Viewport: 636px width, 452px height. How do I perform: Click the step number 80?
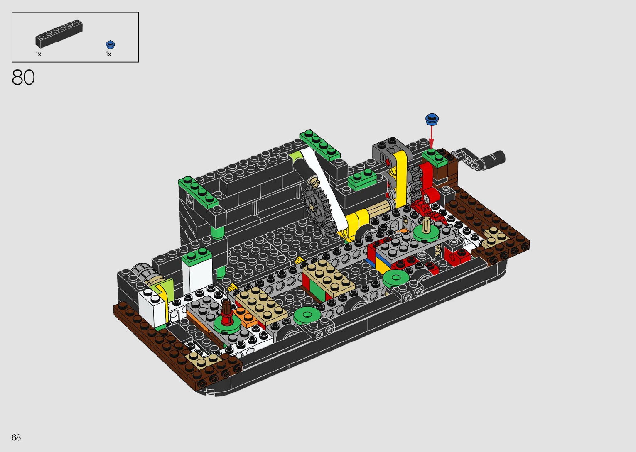(23, 78)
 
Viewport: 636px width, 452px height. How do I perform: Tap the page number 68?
(16, 437)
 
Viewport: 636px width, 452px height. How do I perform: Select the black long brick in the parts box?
(59, 33)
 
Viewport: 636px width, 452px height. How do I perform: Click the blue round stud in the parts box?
(110, 44)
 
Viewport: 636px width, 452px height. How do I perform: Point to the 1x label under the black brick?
(38, 54)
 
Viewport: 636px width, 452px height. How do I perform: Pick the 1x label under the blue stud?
(108, 54)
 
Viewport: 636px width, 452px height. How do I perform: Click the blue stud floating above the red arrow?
(432, 119)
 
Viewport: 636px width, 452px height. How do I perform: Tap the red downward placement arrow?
(432, 137)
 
